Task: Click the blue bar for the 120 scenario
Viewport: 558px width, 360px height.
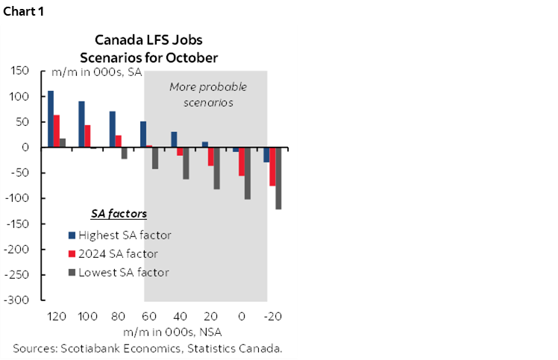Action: [x=51, y=119]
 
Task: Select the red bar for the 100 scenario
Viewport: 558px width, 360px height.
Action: [x=88, y=136]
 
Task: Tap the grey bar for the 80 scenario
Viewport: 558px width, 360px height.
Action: [x=125, y=153]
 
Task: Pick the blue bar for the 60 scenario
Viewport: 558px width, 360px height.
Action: [x=143, y=134]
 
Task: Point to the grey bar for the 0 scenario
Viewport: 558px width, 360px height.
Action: [x=248, y=173]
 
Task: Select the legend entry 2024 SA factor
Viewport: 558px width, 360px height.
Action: [x=120, y=253]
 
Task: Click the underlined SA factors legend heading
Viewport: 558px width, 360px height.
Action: [x=119, y=214]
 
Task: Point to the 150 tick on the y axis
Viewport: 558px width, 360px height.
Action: [x=19, y=71]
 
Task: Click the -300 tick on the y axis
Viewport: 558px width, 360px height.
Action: [x=16, y=300]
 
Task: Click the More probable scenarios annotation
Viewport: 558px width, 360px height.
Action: [x=207, y=95]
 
